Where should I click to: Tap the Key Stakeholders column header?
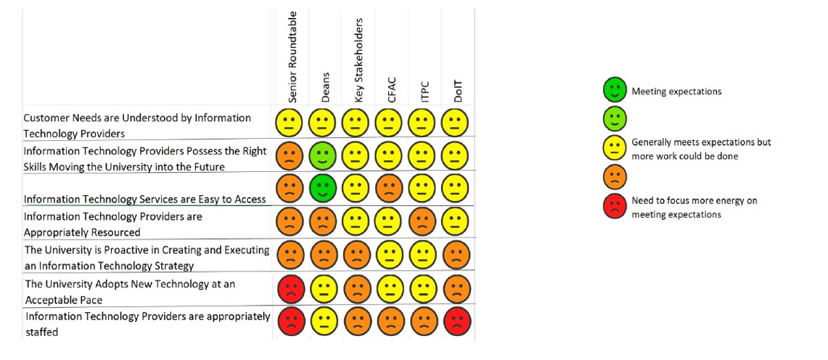359,62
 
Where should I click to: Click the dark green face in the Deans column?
322,188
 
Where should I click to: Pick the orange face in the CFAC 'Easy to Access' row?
389,188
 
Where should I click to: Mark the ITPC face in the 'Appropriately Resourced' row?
422,221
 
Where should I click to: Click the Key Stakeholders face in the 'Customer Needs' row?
356,121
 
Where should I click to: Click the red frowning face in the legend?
615,205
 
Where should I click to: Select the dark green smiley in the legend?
615,91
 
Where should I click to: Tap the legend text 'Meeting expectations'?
676,91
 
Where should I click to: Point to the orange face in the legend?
615,176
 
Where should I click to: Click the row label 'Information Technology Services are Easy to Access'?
144,199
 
